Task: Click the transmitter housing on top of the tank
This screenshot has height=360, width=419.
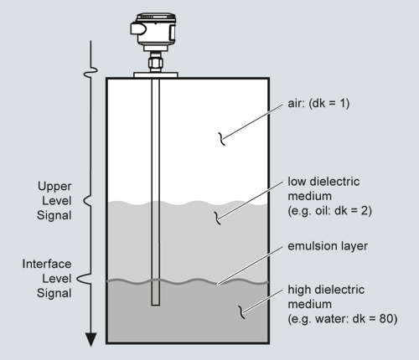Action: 153,32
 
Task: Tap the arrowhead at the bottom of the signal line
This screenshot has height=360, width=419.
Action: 91,340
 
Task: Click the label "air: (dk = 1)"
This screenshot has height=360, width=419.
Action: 318,104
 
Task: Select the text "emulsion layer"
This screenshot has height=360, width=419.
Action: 328,246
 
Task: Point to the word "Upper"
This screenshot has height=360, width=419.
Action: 54,187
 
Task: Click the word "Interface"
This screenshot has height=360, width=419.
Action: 47,264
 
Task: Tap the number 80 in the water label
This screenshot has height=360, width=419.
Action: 385,318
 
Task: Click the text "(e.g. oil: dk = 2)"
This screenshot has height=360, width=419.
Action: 329,211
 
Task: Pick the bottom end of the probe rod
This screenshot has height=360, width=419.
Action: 156,305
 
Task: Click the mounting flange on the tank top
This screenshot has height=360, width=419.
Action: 156,75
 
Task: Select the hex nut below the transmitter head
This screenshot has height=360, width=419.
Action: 156,63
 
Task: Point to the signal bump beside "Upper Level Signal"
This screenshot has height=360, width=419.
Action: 87,201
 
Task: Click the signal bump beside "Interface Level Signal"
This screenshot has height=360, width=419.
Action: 84,279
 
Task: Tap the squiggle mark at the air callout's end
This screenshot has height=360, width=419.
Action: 222,139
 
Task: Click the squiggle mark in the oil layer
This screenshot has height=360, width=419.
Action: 218,219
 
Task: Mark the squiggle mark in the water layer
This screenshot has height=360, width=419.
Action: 241,312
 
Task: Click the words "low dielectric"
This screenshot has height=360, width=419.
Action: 323,182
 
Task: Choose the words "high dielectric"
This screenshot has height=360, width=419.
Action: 326,290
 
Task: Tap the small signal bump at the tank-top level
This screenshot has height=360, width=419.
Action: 91,73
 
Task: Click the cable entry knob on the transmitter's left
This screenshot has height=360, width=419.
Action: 137,28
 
